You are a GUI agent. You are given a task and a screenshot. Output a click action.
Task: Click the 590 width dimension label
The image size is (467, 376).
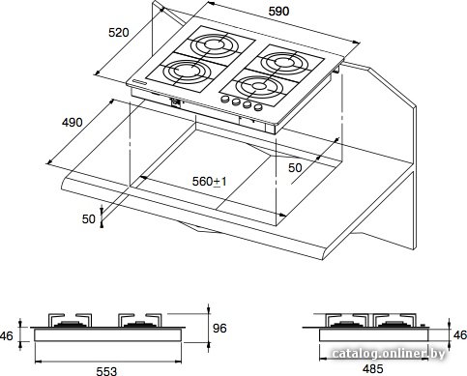[x=278, y=12]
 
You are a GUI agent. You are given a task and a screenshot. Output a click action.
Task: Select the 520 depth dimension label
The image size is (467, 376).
[x=119, y=33]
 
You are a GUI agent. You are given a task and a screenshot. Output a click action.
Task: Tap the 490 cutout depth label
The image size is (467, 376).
[x=73, y=123]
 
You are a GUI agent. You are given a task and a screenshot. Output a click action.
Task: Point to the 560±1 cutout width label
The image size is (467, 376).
[x=210, y=182]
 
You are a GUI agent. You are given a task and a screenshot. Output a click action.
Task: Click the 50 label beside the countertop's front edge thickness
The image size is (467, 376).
[x=89, y=219]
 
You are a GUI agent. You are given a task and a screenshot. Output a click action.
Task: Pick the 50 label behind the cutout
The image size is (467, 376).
[x=295, y=168]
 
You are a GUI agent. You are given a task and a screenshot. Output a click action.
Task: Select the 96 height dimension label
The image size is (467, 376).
[x=219, y=329]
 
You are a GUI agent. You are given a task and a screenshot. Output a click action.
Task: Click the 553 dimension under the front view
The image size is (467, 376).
[x=106, y=371]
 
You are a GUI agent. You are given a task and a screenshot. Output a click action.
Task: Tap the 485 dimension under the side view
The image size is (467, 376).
[x=372, y=369]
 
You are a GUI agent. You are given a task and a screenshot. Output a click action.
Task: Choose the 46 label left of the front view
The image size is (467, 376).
[x=6, y=336]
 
